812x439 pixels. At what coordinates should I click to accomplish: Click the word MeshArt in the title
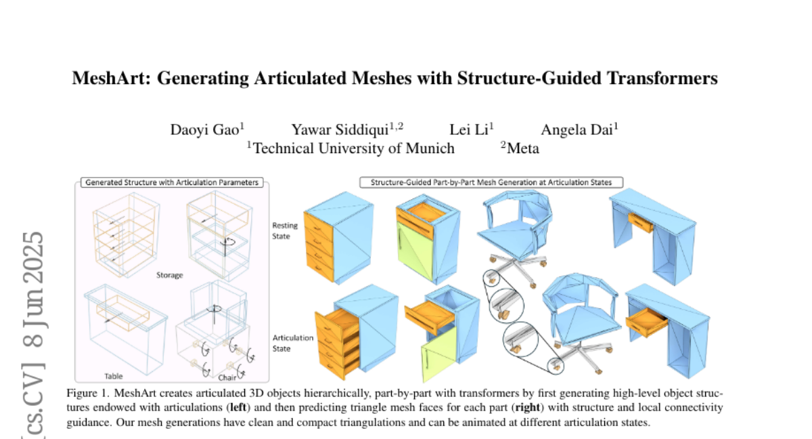(110, 79)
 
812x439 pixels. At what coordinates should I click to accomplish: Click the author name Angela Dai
(577, 129)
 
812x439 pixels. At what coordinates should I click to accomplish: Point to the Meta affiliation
(522, 148)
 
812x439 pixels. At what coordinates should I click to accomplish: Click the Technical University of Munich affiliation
(353, 148)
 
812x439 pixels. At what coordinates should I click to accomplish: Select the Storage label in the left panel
(169, 276)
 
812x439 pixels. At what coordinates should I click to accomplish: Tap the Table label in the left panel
(114, 375)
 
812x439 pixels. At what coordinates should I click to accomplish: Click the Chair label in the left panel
(227, 377)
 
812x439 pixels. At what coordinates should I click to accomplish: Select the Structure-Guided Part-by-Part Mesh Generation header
(491, 182)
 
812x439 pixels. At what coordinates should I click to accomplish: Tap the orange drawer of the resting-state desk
(640, 222)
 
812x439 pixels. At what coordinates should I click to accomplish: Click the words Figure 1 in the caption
(87, 393)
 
